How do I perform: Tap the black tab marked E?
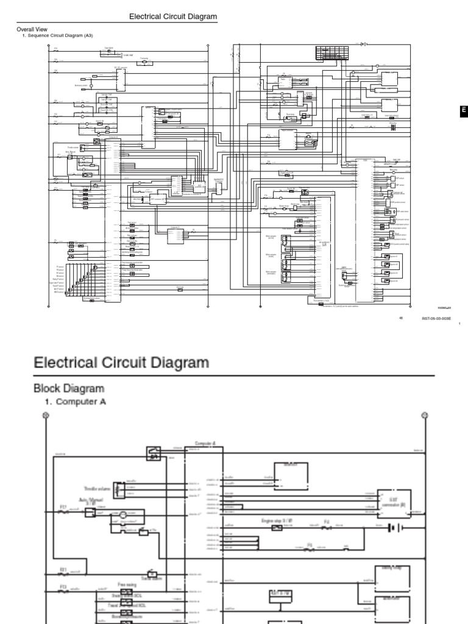463,110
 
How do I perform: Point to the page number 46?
401,318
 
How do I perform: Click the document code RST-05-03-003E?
436,318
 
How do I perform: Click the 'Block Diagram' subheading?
68,388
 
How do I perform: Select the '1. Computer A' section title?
80,402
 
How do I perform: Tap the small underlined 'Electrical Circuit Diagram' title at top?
173,17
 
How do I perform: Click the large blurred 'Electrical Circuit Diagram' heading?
121,363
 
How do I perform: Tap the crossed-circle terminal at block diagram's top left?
44,416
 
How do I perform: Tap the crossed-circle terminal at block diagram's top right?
425,416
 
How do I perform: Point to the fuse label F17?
63,507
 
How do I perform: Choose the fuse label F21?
63,570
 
